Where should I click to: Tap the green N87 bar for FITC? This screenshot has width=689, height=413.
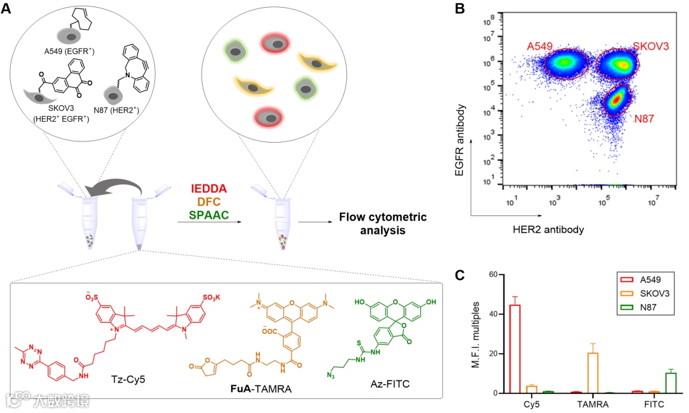pyautogui.click(x=670, y=383)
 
